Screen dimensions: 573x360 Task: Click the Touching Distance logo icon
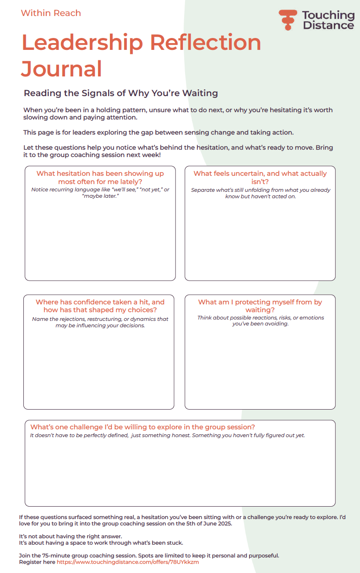(288, 20)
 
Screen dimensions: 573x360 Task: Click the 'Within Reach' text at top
(51, 13)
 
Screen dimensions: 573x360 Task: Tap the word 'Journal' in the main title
(61, 69)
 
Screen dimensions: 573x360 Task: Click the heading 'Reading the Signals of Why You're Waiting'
(120, 93)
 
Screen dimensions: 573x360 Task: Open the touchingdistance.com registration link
(128, 562)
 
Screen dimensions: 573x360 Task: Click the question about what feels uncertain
(260, 178)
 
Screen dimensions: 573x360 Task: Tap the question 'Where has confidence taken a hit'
(100, 306)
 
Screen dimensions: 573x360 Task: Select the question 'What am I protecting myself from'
(260, 306)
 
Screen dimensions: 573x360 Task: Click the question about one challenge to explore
(142, 427)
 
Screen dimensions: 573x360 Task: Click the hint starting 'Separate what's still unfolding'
(261, 193)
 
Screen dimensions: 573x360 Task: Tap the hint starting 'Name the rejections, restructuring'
(100, 322)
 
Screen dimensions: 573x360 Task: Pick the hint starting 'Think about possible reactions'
(261, 321)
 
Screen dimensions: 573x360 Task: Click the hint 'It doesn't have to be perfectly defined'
(167, 436)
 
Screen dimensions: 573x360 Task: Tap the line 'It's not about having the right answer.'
(71, 536)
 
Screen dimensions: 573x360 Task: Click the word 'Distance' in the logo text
(328, 25)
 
